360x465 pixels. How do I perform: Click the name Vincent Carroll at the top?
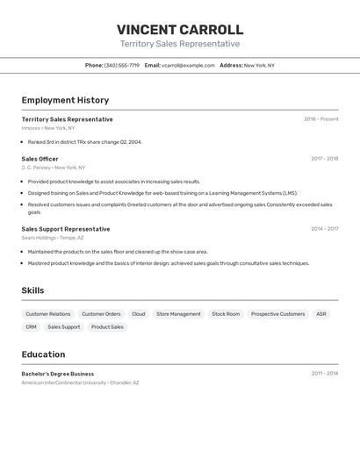point(180,30)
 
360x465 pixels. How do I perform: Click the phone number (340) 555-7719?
point(121,65)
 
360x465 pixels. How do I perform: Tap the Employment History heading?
point(65,100)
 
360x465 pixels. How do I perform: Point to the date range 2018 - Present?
point(320,119)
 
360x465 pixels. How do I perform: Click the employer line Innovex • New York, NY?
point(48,128)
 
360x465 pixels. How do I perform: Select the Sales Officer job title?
point(40,159)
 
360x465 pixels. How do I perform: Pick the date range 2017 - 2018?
point(324,159)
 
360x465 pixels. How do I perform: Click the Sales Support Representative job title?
point(66,229)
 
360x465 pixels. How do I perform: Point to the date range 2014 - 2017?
point(324,229)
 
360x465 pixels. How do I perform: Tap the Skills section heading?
point(32,290)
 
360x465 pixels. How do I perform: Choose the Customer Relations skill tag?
point(48,313)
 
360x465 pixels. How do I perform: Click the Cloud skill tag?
point(139,313)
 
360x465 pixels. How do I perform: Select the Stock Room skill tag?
point(226,313)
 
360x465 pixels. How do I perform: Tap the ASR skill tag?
point(321,313)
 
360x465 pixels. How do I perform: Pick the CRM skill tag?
point(31,326)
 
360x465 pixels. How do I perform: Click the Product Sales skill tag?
point(107,326)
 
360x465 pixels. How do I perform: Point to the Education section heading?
point(43,354)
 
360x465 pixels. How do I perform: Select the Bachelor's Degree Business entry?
point(58,374)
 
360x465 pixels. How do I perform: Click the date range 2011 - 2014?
point(324,374)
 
